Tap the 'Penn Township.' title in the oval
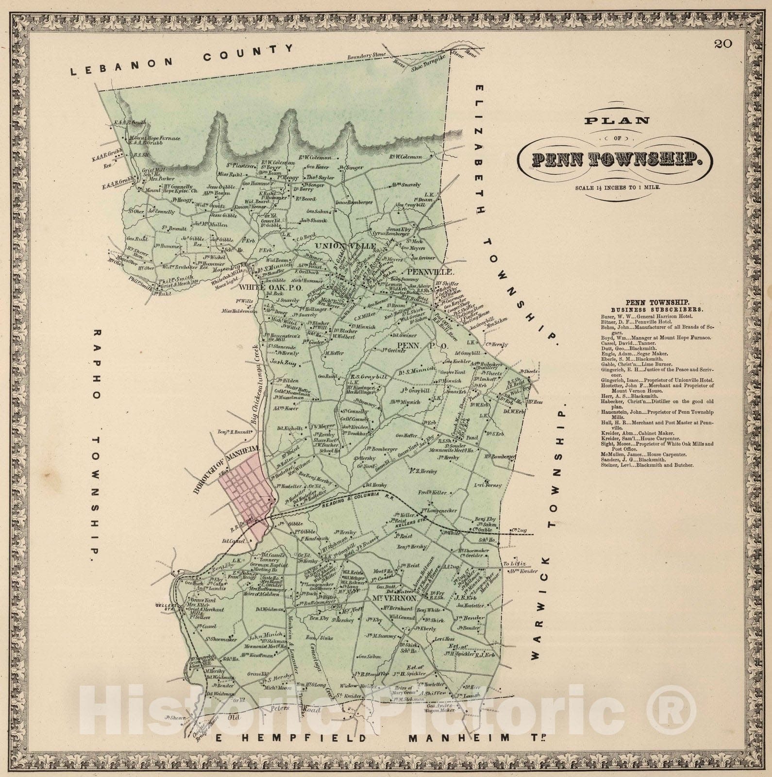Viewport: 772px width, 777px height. click(x=616, y=159)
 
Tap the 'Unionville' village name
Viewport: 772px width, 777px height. click(x=338, y=247)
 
